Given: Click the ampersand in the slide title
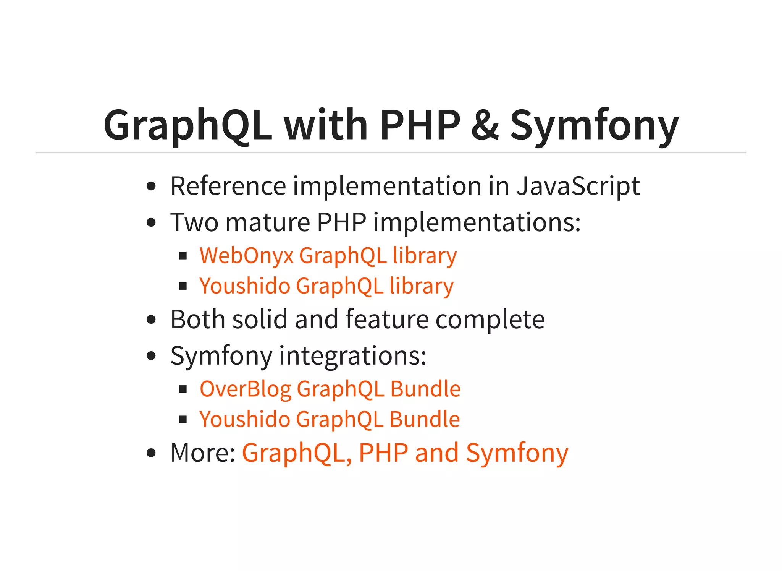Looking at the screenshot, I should [x=485, y=125].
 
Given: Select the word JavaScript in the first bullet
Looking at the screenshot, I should [x=578, y=186].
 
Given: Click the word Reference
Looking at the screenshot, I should [x=228, y=186].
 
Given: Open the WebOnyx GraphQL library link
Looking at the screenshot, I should [x=328, y=255].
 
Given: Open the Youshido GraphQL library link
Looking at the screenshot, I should [x=326, y=286].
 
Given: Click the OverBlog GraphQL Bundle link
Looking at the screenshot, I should [x=330, y=389].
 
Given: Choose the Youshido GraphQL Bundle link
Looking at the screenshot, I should [x=330, y=419].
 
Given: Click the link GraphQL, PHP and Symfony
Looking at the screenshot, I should [x=405, y=453].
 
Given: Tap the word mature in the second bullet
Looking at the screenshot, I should [x=268, y=222].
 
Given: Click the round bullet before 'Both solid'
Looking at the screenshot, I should [x=152, y=320].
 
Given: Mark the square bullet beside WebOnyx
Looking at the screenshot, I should [x=183, y=256].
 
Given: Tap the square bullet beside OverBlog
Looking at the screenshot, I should [x=183, y=389].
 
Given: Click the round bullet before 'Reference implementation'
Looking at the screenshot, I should [x=152, y=186].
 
